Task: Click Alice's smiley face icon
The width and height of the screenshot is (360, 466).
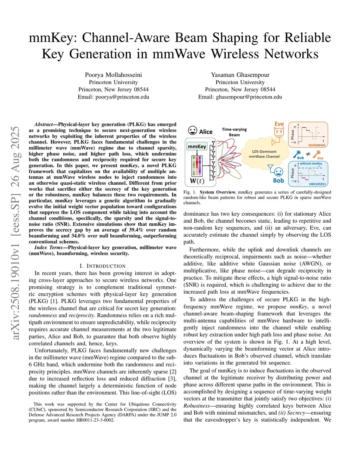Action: pyautogui.click(x=192, y=131)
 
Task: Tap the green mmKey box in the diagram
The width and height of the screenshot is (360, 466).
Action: pyautogui.click(x=197, y=146)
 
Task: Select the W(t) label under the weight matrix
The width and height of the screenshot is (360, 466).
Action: pyautogui.click(x=197, y=181)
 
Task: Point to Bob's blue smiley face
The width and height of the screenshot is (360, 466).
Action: pyautogui.click(x=278, y=172)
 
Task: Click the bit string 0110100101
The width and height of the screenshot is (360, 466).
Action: pyautogui.click(x=317, y=145)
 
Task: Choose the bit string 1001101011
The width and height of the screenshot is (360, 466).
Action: pyautogui.click(x=317, y=184)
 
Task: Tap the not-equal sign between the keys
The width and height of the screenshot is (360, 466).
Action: pyautogui.click(x=308, y=154)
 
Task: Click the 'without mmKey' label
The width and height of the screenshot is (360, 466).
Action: pyautogui.click(x=311, y=164)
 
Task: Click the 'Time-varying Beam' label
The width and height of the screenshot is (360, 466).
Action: pyautogui.click(x=234, y=132)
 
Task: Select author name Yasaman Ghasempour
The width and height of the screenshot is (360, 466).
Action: pyautogui.click(x=240, y=75)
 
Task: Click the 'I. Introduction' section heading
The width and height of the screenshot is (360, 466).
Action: pyautogui.click(x=102, y=266)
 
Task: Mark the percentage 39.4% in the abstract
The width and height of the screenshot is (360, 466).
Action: pyautogui.click(x=135, y=230)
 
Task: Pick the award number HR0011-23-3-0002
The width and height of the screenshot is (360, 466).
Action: pyautogui.click(x=95, y=420)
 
